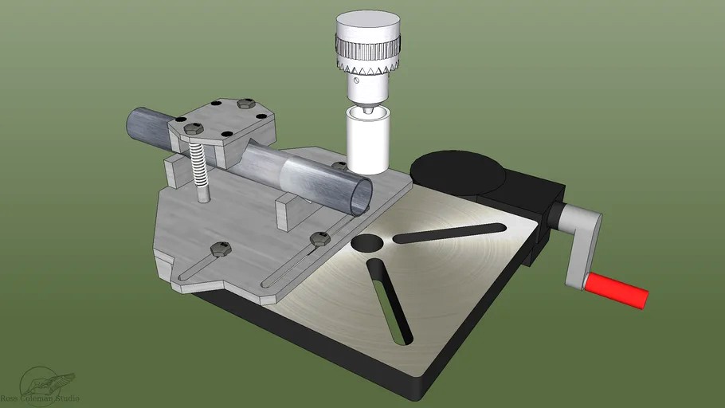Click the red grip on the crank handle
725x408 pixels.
(617, 288)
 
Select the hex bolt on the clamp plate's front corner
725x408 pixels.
(191, 127)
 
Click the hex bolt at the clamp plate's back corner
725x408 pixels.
(246, 104)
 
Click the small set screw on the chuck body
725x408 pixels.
(351, 80)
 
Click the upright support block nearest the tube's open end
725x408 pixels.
(287, 213)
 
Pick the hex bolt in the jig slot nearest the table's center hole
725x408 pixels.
(319, 237)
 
